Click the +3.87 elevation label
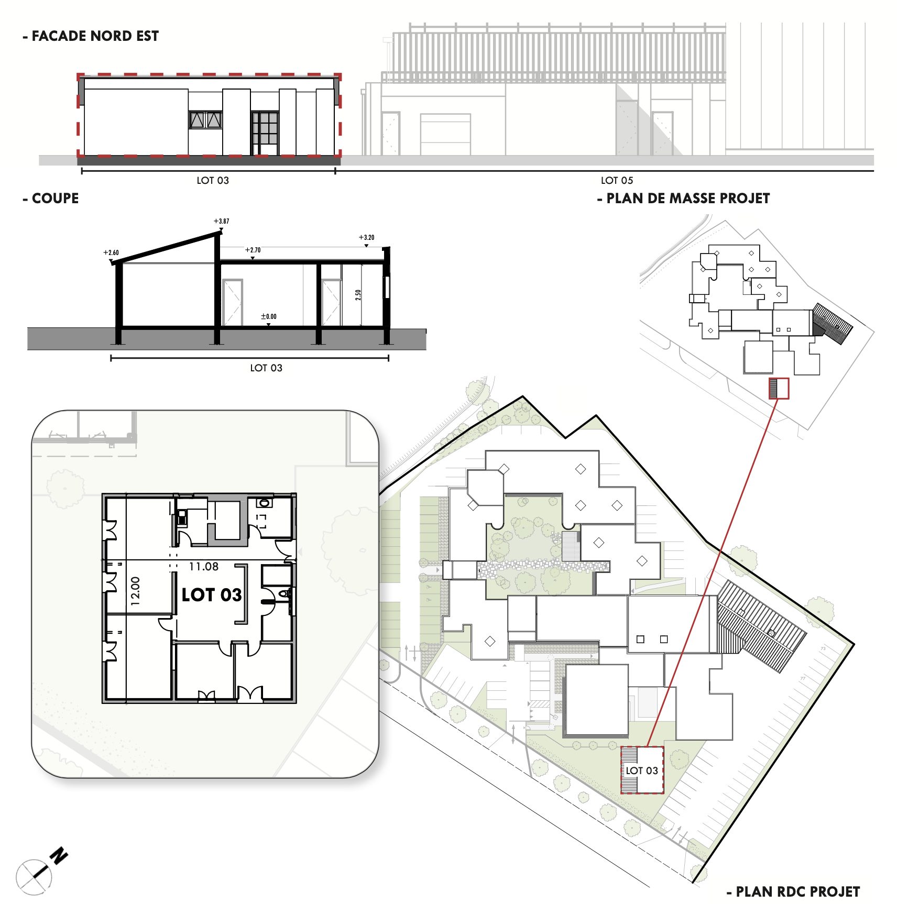[x=221, y=221]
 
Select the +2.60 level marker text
[x=111, y=252]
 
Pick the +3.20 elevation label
[x=366, y=237]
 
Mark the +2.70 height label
[x=253, y=250]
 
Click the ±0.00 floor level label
[x=269, y=316]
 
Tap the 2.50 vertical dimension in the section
[x=358, y=295]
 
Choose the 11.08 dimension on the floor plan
[x=204, y=566]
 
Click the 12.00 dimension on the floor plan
[x=135, y=591]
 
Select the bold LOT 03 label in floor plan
[x=212, y=595]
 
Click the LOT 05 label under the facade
[x=617, y=181]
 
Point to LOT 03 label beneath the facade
[x=213, y=181]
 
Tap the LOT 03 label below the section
[x=266, y=368]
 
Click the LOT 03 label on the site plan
[x=642, y=770]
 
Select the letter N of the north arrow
[x=59, y=856]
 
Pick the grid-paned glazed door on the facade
[x=265, y=134]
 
